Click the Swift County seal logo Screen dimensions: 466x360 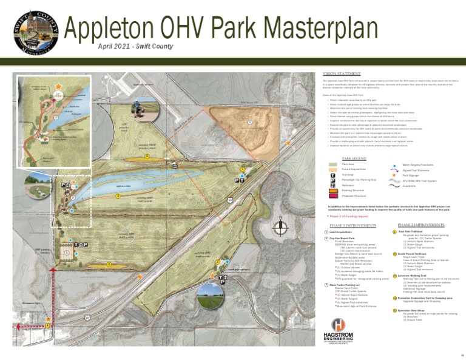click(36, 32)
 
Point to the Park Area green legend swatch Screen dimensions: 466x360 click(332, 165)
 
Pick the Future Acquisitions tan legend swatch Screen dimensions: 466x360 click(332, 170)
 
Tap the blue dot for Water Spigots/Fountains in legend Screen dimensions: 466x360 click(394, 165)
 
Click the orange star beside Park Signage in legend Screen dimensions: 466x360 click(394, 175)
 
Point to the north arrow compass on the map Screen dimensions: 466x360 click(280, 227)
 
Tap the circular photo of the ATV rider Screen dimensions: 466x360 click(146, 107)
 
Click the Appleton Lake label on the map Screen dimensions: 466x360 click(124, 186)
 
